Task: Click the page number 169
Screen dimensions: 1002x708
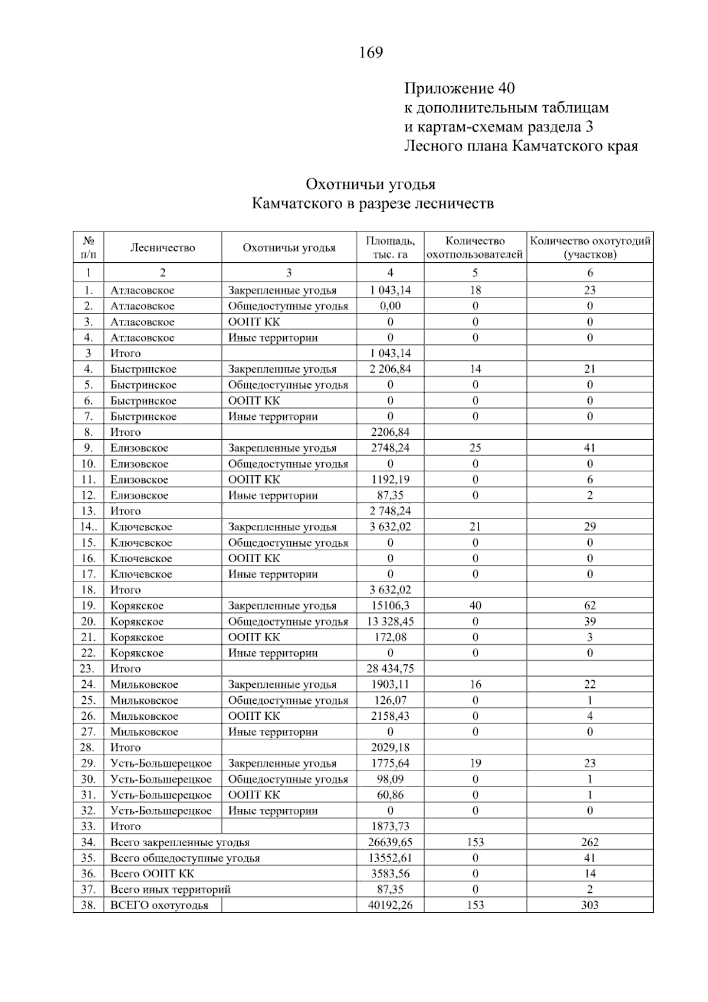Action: (371, 53)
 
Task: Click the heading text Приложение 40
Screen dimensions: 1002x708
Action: (459, 89)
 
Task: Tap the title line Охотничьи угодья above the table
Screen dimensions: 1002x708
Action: (371, 184)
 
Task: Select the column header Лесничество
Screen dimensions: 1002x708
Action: (163, 248)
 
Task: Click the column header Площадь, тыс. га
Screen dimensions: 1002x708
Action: (390, 248)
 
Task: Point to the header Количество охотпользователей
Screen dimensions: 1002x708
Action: (475, 248)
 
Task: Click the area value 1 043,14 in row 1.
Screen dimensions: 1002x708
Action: (390, 290)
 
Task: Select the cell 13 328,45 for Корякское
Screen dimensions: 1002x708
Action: (390, 621)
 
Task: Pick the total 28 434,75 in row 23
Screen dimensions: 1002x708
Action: (390, 668)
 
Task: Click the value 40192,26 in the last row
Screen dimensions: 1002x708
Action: (390, 905)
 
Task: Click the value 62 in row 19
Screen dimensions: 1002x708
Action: (589, 605)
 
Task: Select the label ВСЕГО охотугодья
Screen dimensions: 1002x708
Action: (159, 905)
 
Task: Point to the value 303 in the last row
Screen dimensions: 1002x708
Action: (589, 905)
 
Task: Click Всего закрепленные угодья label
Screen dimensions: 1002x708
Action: (180, 843)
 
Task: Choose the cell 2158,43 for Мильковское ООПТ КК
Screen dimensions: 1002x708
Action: (390, 716)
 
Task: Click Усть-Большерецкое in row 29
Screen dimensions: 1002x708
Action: (161, 763)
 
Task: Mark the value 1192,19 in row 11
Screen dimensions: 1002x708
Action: (390, 479)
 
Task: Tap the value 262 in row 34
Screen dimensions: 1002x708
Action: (589, 843)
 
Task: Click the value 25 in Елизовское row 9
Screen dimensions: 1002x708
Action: (475, 448)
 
